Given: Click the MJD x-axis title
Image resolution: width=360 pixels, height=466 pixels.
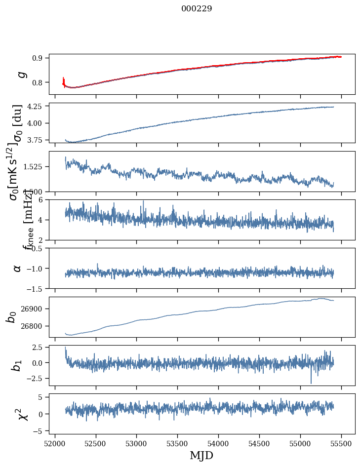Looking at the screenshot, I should coord(201,456).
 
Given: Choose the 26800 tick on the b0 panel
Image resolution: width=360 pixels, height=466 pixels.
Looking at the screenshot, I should coord(34,326).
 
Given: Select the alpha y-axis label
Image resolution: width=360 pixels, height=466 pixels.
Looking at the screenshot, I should coord(17,268).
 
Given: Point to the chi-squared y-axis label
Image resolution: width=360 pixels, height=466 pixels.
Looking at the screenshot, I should coord(23,414).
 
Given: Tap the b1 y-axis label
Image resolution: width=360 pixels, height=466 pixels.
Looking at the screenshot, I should coord(17,365).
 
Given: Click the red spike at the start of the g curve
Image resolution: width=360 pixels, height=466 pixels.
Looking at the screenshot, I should coord(64,80).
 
